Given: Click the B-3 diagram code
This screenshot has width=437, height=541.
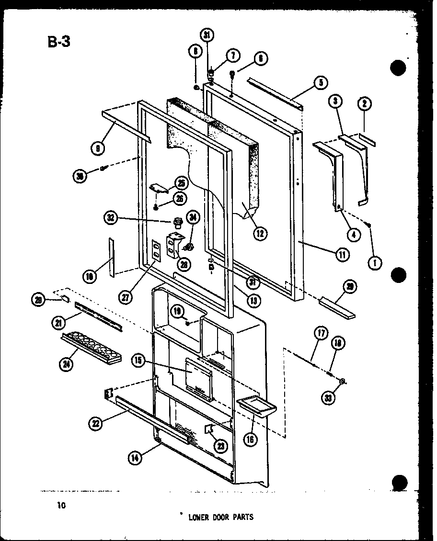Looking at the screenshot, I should pyautogui.click(x=59, y=42).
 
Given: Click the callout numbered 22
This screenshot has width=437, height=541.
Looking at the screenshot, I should pyautogui.click(x=95, y=422).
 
